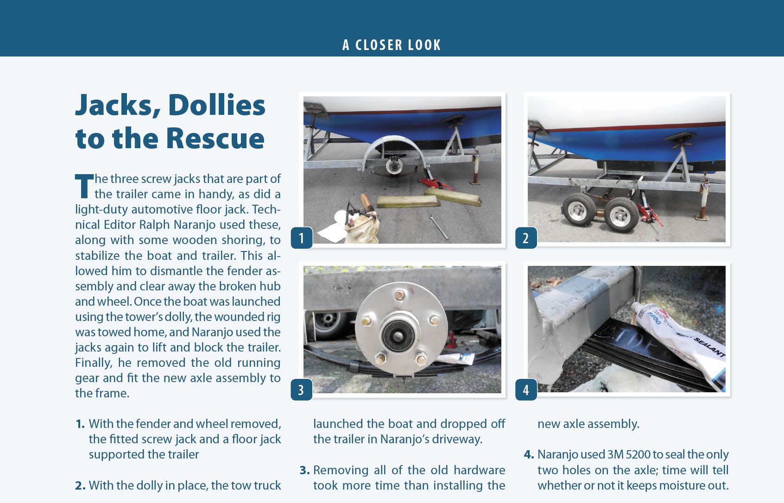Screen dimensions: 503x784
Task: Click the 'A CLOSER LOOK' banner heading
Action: [392, 45]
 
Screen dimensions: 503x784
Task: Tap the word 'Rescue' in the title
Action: [215, 138]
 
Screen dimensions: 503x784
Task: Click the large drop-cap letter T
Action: [84, 186]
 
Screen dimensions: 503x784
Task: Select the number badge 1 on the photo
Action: [302, 238]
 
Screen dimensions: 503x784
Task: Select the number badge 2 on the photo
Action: [526, 238]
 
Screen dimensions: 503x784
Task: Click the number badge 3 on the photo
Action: [302, 390]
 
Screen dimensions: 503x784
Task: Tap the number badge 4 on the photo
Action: [526, 390]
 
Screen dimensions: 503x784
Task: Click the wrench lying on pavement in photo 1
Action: [438, 227]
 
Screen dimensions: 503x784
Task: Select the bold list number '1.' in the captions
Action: [80, 424]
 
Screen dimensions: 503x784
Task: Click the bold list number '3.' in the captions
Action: [304, 470]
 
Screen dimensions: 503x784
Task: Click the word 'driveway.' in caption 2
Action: [457, 439]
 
